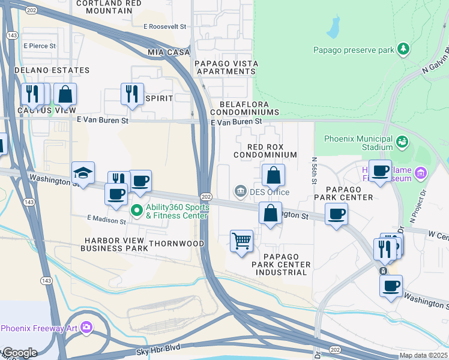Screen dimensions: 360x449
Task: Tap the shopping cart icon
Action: tap(241, 241)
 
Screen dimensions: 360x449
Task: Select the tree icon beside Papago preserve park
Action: tap(405, 49)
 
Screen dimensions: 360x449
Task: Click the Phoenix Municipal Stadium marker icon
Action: tap(401, 142)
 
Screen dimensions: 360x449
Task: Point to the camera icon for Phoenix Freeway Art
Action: tap(87, 328)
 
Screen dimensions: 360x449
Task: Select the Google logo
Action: tap(20, 352)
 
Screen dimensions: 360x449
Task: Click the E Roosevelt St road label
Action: tap(165, 26)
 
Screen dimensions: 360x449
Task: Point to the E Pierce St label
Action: tap(40, 46)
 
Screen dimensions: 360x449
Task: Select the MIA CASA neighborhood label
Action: tap(169, 53)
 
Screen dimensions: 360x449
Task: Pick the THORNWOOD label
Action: tap(176, 244)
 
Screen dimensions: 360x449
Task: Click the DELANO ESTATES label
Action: tap(52, 70)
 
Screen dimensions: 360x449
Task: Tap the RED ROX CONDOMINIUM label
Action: tap(273, 151)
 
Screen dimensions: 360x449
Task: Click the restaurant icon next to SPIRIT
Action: tap(131, 94)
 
